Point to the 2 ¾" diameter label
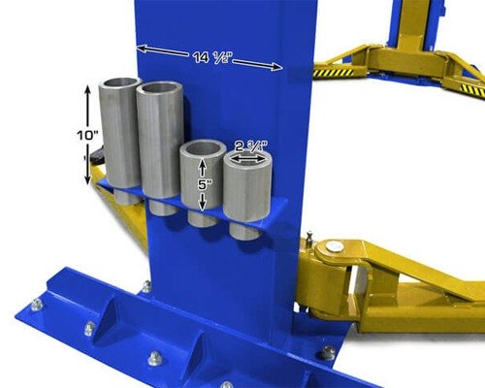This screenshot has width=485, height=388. (x=248, y=148)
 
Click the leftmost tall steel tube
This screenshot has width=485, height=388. (x=119, y=136)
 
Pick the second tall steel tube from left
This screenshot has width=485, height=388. (x=159, y=145)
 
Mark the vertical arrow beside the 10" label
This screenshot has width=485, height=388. (x=88, y=135)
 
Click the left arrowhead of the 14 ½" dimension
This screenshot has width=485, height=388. (x=142, y=48)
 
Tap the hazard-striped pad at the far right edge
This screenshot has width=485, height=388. (x=471, y=88)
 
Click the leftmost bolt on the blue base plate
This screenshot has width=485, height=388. (x=36, y=304)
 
